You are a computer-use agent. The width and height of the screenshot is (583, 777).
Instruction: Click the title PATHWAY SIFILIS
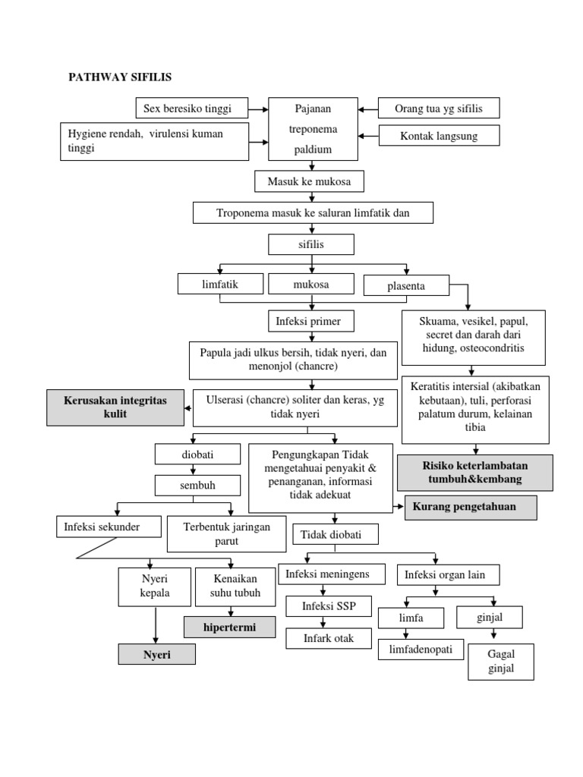coord(121,77)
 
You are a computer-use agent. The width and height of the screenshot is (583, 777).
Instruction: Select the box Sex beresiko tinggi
coord(187,109)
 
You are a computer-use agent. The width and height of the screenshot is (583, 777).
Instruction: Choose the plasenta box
coord(406,285)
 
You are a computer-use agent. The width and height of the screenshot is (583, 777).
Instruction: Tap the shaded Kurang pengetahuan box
coord(471,508)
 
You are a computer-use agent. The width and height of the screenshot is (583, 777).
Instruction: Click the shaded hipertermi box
coord(229,627)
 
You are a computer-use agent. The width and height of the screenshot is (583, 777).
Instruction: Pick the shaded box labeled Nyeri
coord(156,654)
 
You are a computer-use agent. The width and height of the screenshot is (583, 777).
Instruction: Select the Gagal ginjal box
coord(500,662)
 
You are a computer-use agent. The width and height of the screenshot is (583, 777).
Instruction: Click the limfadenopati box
coord(421,650)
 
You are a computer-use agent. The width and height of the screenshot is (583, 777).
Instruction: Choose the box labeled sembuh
coord(193,485)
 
